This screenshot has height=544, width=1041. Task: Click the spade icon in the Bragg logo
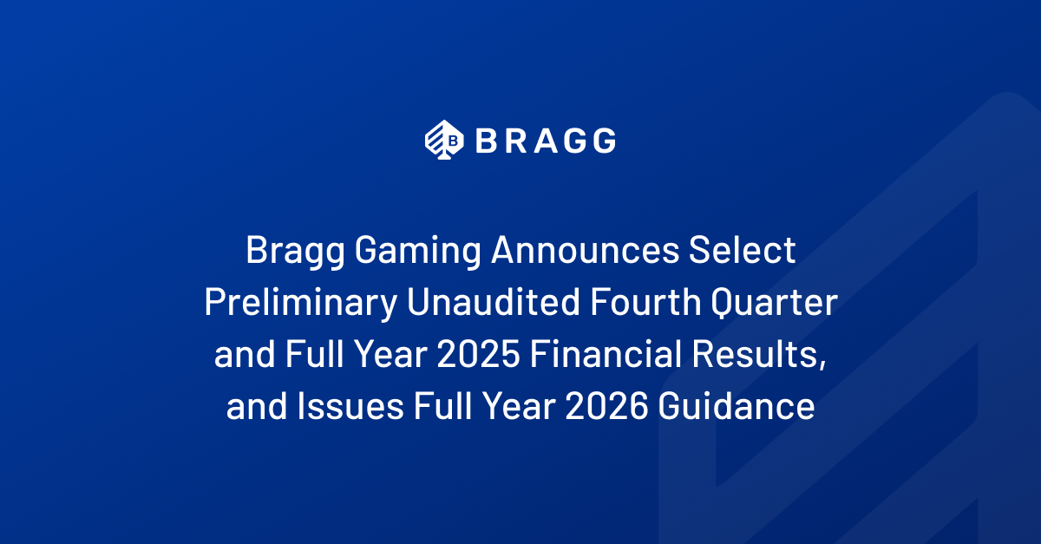[x=444, y=140]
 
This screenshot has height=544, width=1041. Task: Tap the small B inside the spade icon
[x=453, y=141]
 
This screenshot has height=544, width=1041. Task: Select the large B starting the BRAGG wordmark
[x=486, y=141]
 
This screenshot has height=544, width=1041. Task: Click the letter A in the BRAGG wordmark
[x=546, y=141]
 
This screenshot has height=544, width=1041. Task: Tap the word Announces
[x=585, y=250]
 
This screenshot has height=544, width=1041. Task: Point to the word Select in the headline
[x=743, y=250]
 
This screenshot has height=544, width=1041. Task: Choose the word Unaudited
[x=494, y=302]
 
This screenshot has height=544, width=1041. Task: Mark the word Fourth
[x=645, y=302]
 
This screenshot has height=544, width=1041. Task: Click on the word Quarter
[x=774, y=303]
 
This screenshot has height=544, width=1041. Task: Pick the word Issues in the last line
[x=350, y=406]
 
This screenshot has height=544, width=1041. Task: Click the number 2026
[x=606, y=406]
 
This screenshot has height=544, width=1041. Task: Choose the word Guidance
[x=737, y=406]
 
